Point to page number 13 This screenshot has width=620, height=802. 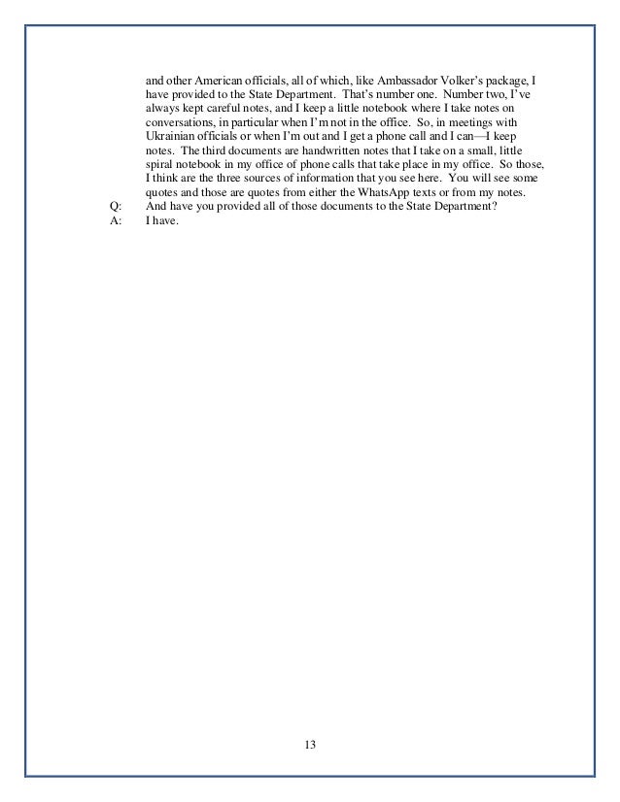[x=310, y=744]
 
